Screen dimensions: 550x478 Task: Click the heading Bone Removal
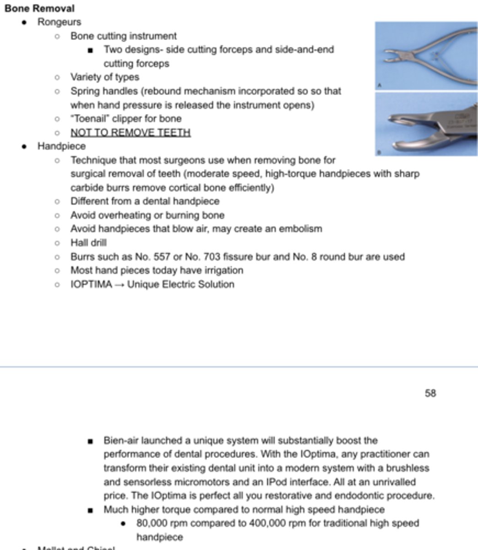[x=39, y=8]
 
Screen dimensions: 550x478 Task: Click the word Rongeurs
[x=59, y=22]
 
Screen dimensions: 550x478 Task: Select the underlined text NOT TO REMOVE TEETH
[x=130, y=132]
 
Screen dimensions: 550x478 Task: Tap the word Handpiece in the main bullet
[x=61, y=146]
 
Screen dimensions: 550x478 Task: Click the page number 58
[x=430, y=393]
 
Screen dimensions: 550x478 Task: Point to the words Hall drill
[x=88, y=243]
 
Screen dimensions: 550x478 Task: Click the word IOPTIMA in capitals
[x=91, y=285]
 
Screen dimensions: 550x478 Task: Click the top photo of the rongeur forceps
[x=426, y=56]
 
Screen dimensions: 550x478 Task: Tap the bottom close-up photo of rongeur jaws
[x=426, y=124]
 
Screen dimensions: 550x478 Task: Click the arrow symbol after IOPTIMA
[x=119, y=285]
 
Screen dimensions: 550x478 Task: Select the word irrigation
[x=223, y=270]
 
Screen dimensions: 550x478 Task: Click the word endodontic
[x=358, y=496]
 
